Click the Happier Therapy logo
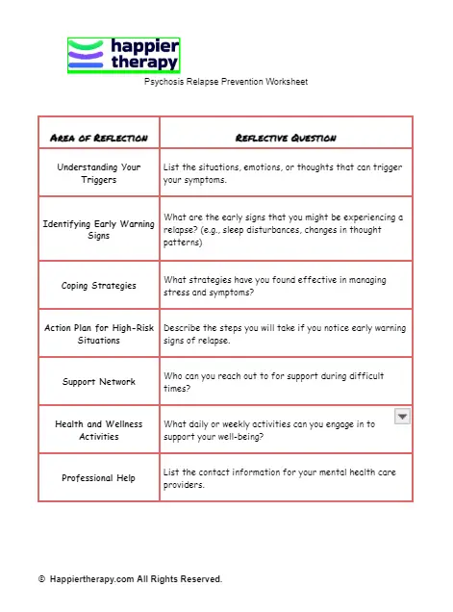click(123, 55)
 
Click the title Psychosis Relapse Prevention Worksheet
click(226, 83)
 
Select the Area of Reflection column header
click(98, 138)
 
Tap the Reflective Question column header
click(286, 138)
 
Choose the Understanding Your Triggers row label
click(98, 173)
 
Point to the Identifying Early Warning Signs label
click(98, 230)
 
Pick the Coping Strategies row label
click(98, 286)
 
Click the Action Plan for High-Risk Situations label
click(98, 334)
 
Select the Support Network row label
click(98, 382)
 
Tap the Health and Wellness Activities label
click(98, 430)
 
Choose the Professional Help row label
click(98, 478)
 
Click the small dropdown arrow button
click(403, 416)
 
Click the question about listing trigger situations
click(283, 173)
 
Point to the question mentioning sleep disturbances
click(283, 230)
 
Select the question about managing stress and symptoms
click(275, 286)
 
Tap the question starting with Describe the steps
click(285, 334)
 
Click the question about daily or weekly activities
click(269, 430)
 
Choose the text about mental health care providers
click(279, 478)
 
